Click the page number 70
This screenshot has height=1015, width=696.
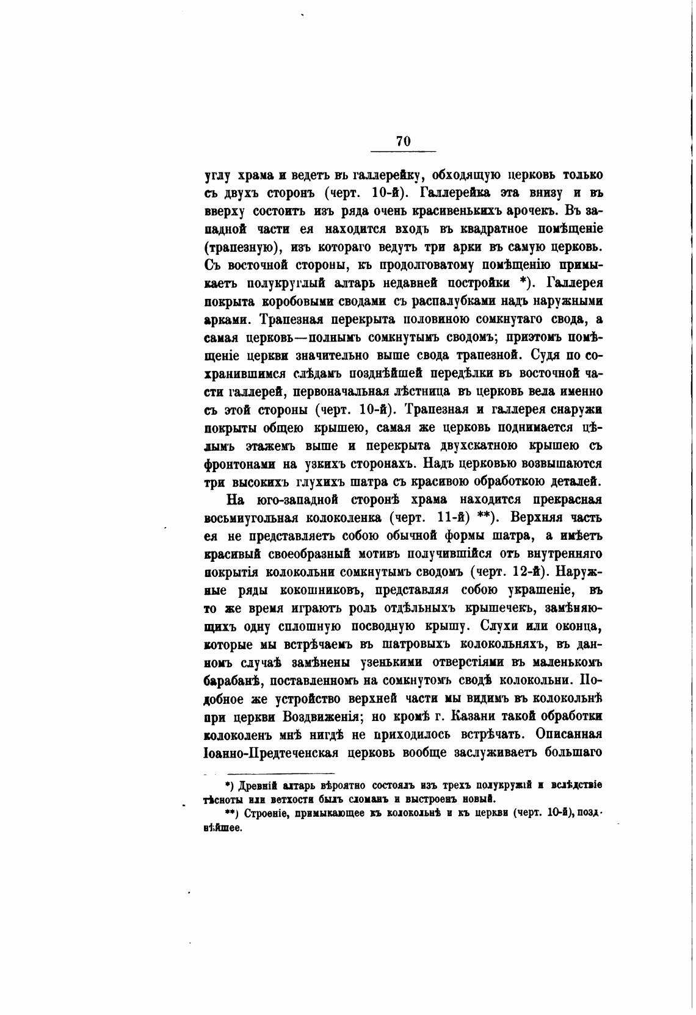pyautogui.click(x=403, y=141)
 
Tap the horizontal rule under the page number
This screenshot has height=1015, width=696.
pyautogui.click(x=403, y=151)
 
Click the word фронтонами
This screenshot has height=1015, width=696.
pyautogui.click(x=240, y=463)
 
